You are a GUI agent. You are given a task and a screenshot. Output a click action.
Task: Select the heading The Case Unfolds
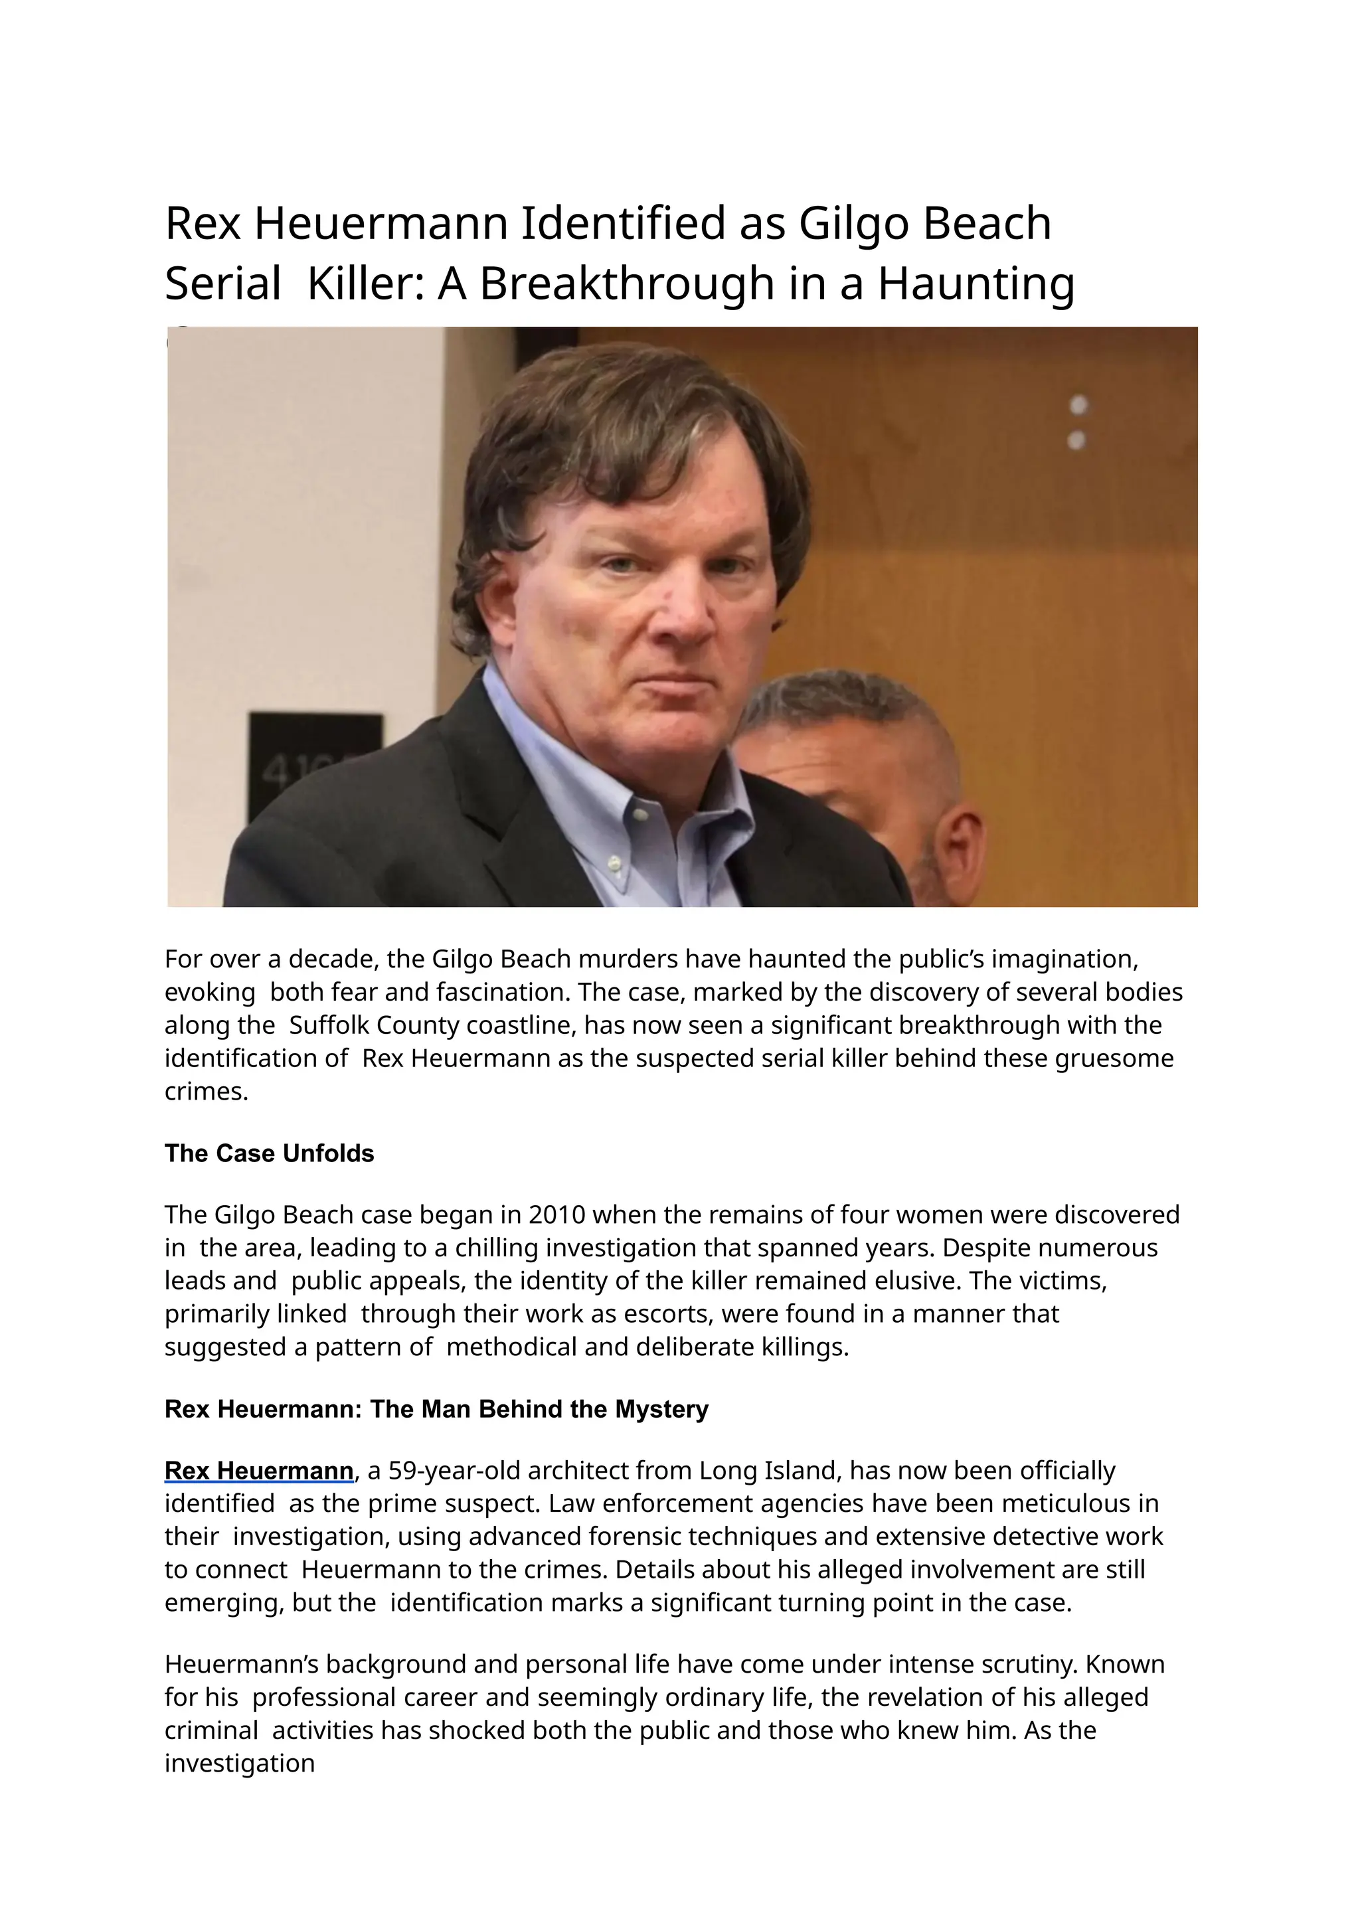[269, 1153]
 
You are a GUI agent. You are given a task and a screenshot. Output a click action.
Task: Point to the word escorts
[667, 1314]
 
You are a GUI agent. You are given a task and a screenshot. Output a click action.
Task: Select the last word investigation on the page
[240, 1763]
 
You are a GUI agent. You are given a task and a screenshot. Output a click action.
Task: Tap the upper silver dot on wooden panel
[1078, 405]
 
